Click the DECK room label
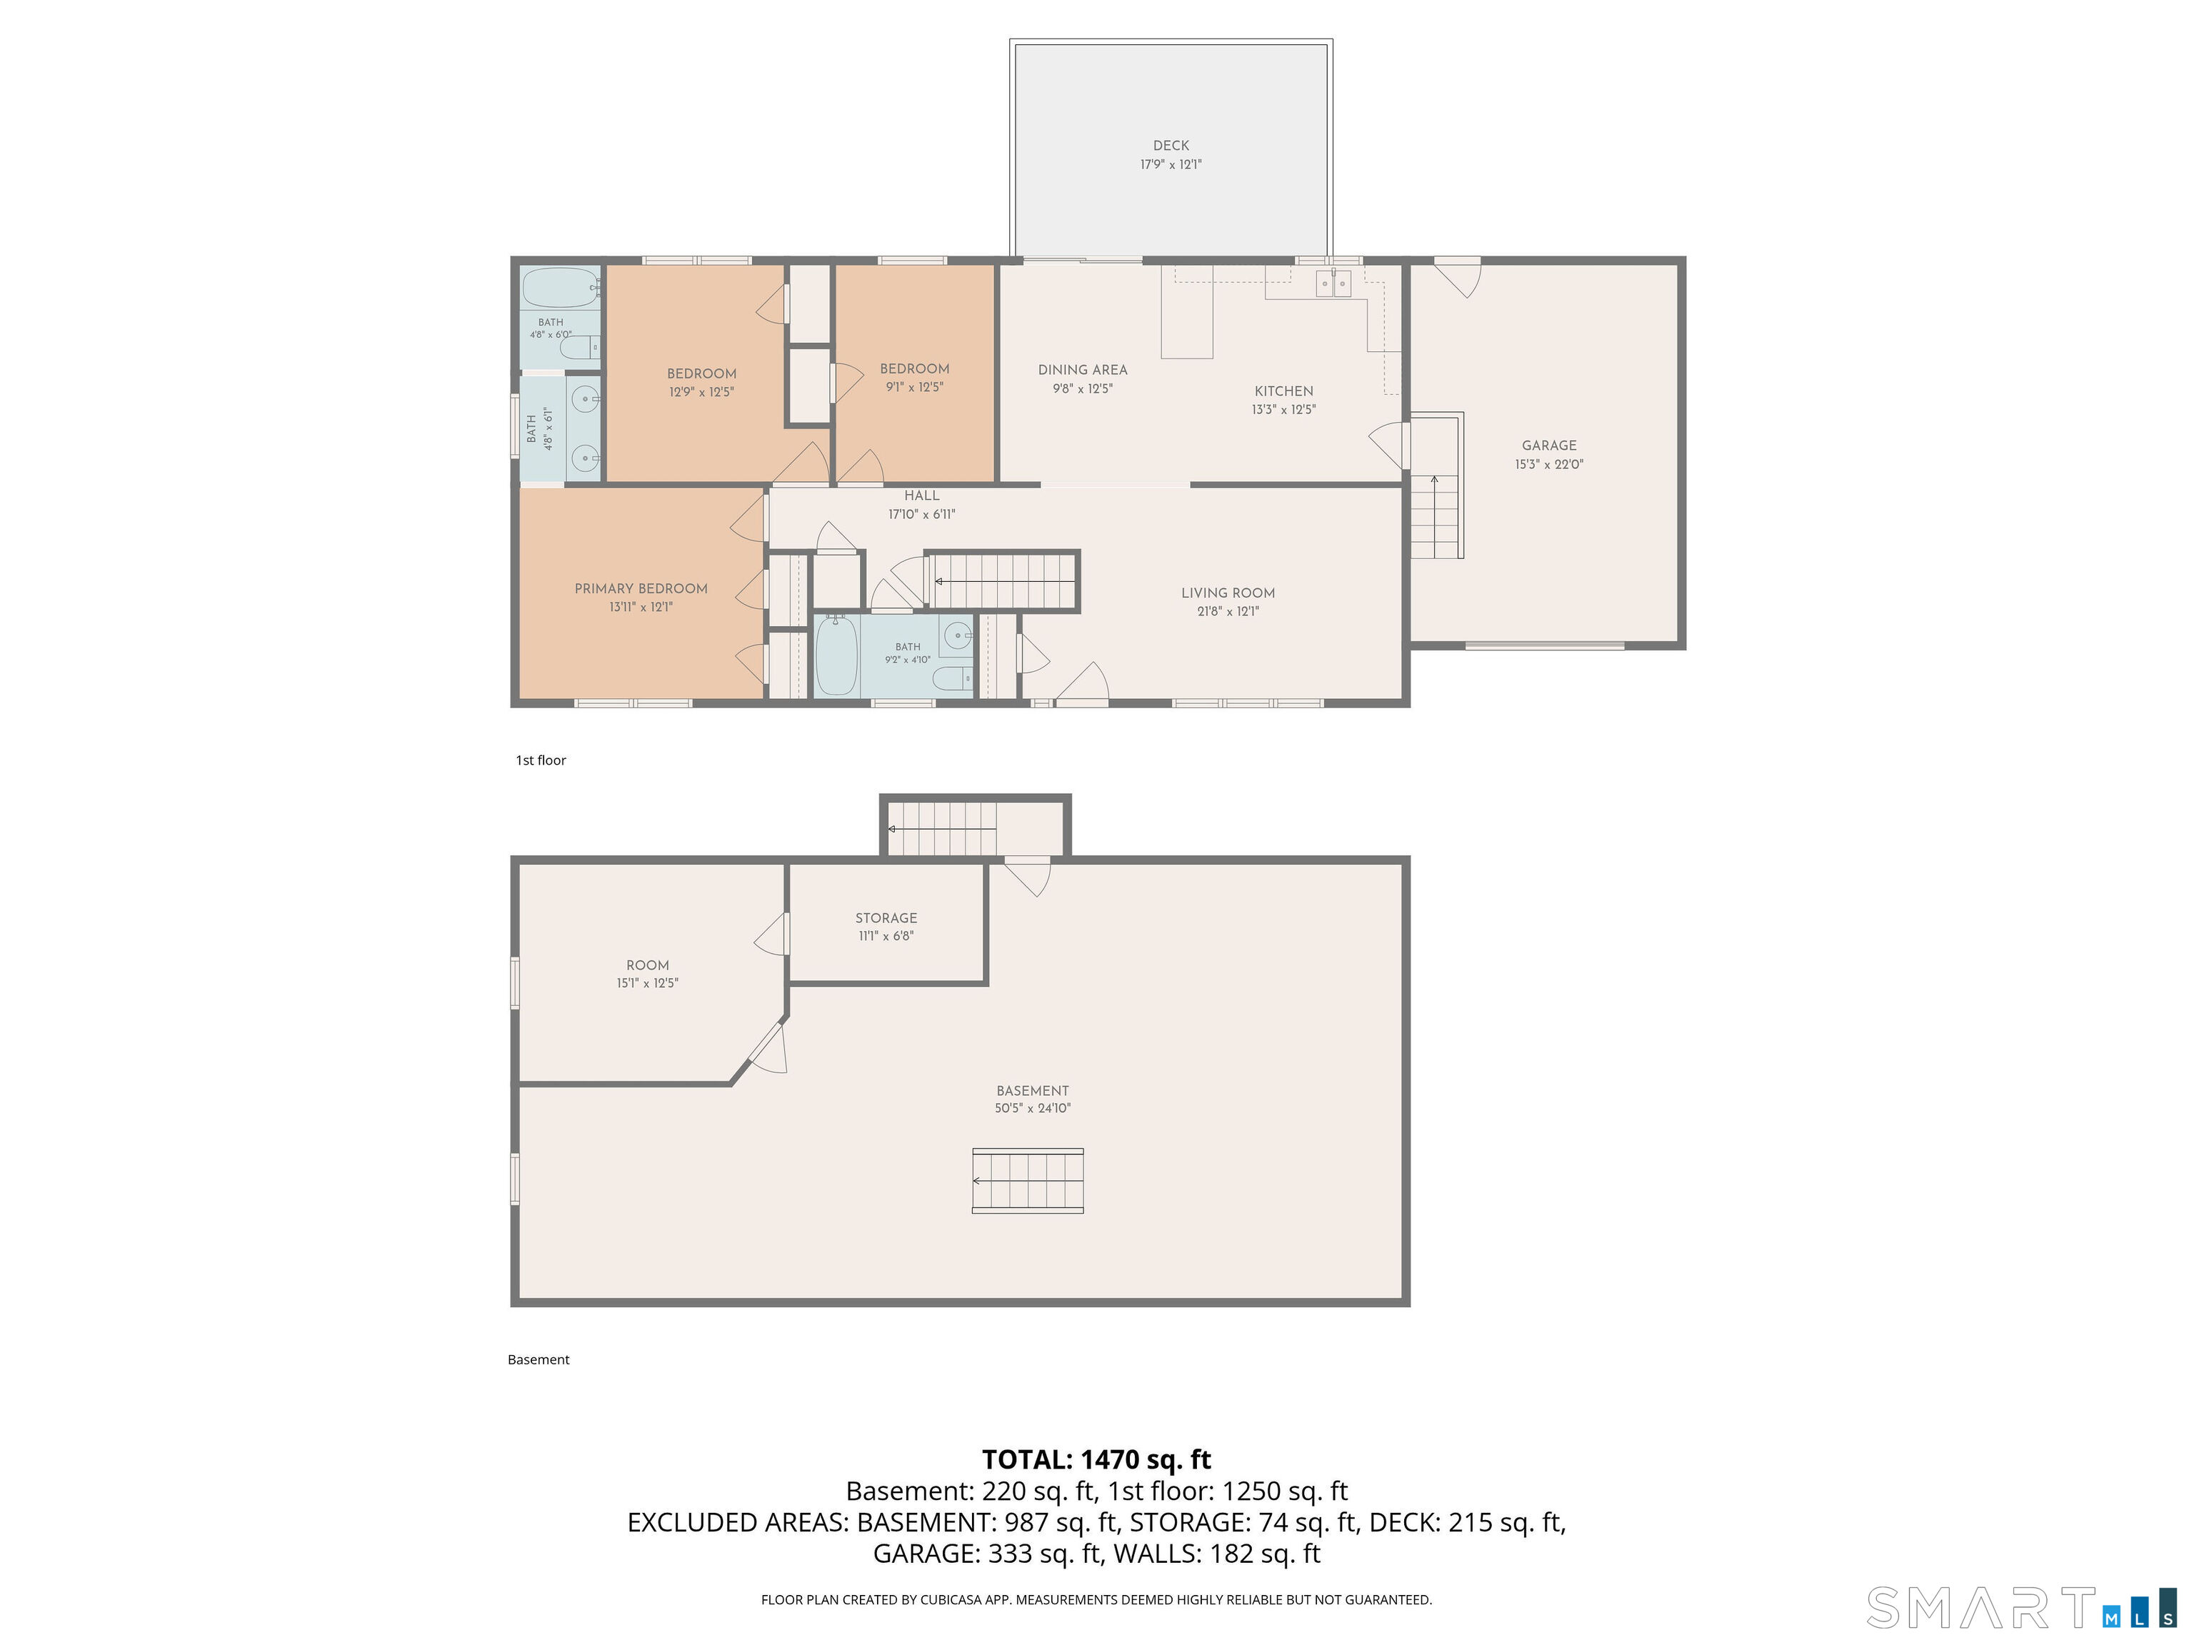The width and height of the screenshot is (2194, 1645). (1171, 146)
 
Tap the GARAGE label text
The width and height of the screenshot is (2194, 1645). (1548, 446)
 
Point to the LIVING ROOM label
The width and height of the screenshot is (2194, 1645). (1228, 593)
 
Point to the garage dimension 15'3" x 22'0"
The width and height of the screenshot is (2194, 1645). (1548, 464)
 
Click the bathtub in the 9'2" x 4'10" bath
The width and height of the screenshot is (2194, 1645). (836, 655)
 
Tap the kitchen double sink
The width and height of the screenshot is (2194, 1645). (1333, 283)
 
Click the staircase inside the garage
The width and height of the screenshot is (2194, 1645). (1436, 487)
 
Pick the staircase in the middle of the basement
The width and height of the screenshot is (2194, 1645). (1028, 1181)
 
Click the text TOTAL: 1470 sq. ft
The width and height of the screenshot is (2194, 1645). (1096, 1459)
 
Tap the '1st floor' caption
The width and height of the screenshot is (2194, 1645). (541, 760)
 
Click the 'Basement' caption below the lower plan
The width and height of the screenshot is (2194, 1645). (539, 1359)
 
